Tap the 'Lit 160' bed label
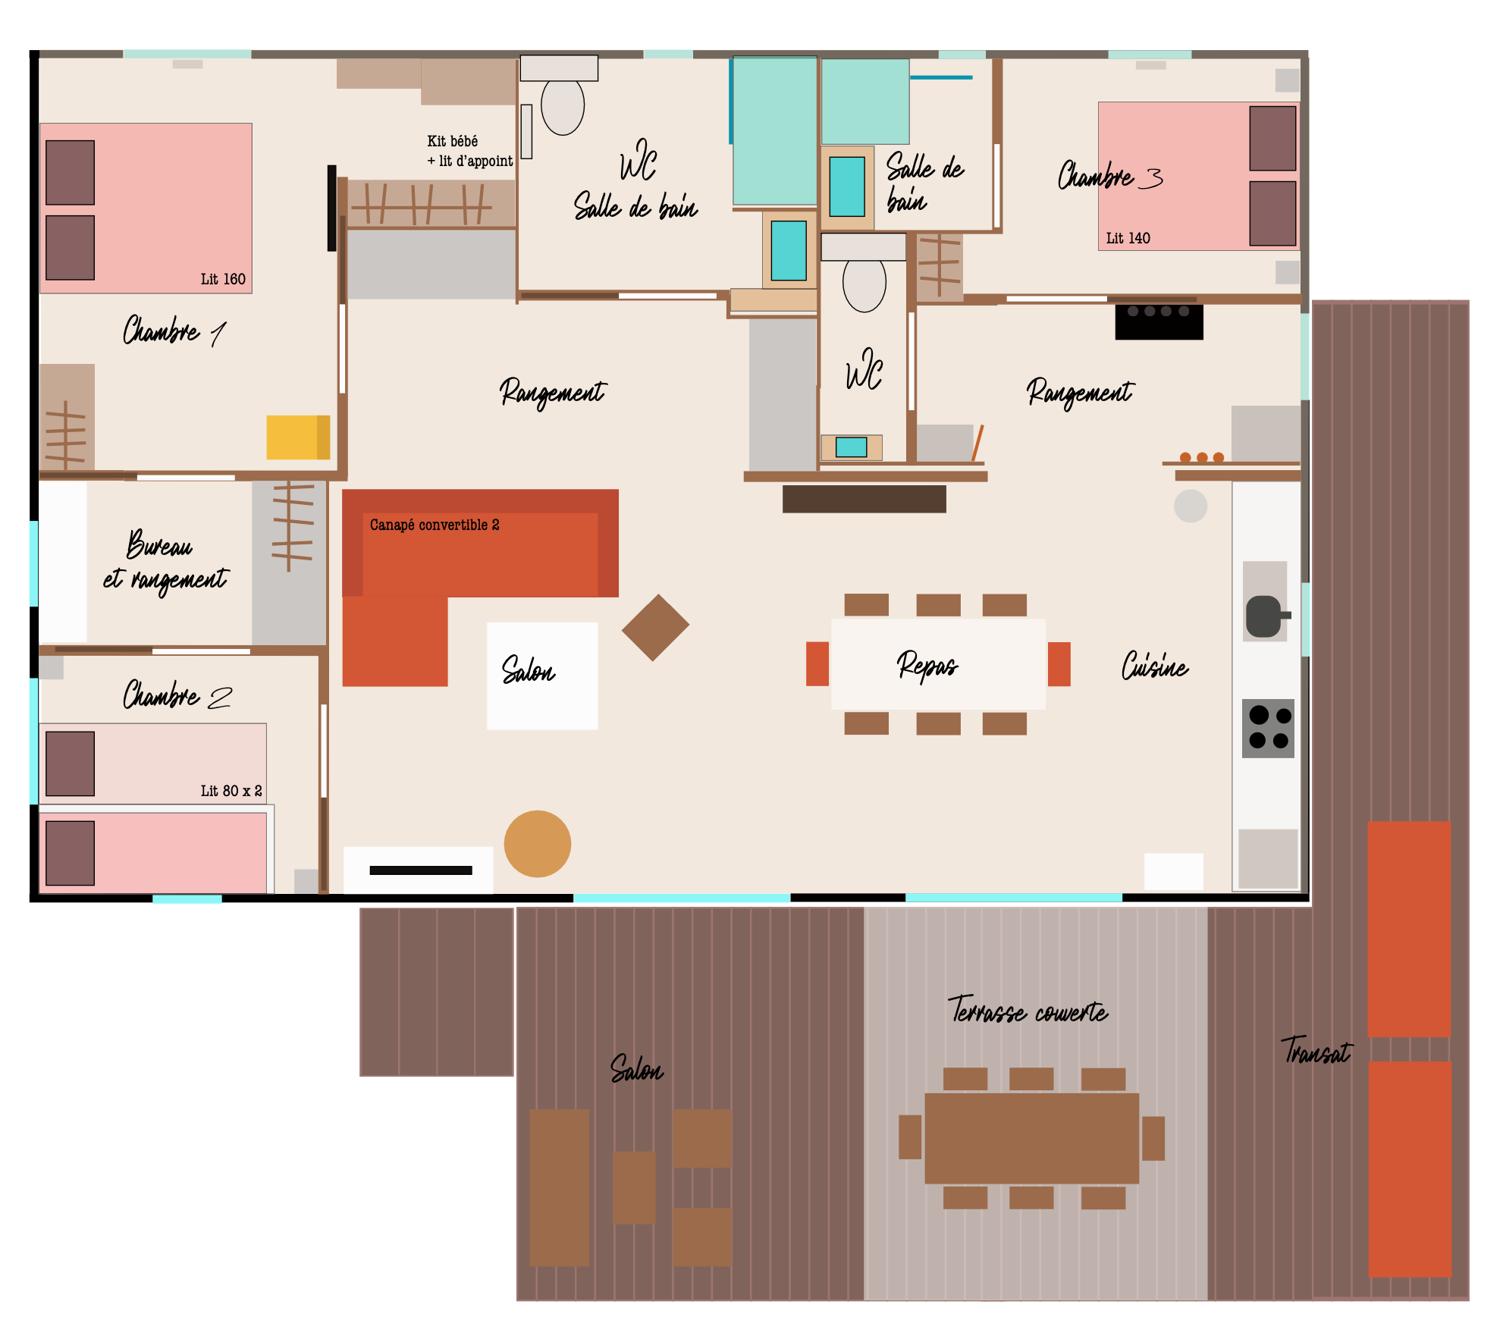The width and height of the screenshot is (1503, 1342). coord(223,279)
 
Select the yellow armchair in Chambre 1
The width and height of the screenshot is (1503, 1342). coord(298,437)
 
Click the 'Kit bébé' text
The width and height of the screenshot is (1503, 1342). coord(453,141)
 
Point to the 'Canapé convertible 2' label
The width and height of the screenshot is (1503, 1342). coord(435,525)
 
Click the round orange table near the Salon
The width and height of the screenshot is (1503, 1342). coord(537,844)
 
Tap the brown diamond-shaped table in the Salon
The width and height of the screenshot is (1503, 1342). coord(655,627)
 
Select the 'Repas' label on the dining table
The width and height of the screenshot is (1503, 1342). coord(927,665)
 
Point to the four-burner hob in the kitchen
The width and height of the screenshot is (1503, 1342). coord(1268,729)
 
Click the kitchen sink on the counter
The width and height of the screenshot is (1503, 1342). coord(1264,616)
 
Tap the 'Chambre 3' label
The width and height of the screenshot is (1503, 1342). coord(1109,176)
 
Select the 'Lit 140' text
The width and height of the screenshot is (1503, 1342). coord(1128,238)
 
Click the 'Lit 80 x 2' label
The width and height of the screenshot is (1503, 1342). coord(231,791)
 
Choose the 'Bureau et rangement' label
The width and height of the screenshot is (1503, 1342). coord(165,561)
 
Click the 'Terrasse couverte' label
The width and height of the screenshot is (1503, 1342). coord(1028,1011)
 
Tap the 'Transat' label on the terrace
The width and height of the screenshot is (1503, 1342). coord(1316,1052)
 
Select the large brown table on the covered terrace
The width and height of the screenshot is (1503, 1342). coord(1031,1138)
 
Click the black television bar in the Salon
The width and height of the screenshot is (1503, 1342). coord(421,870)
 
